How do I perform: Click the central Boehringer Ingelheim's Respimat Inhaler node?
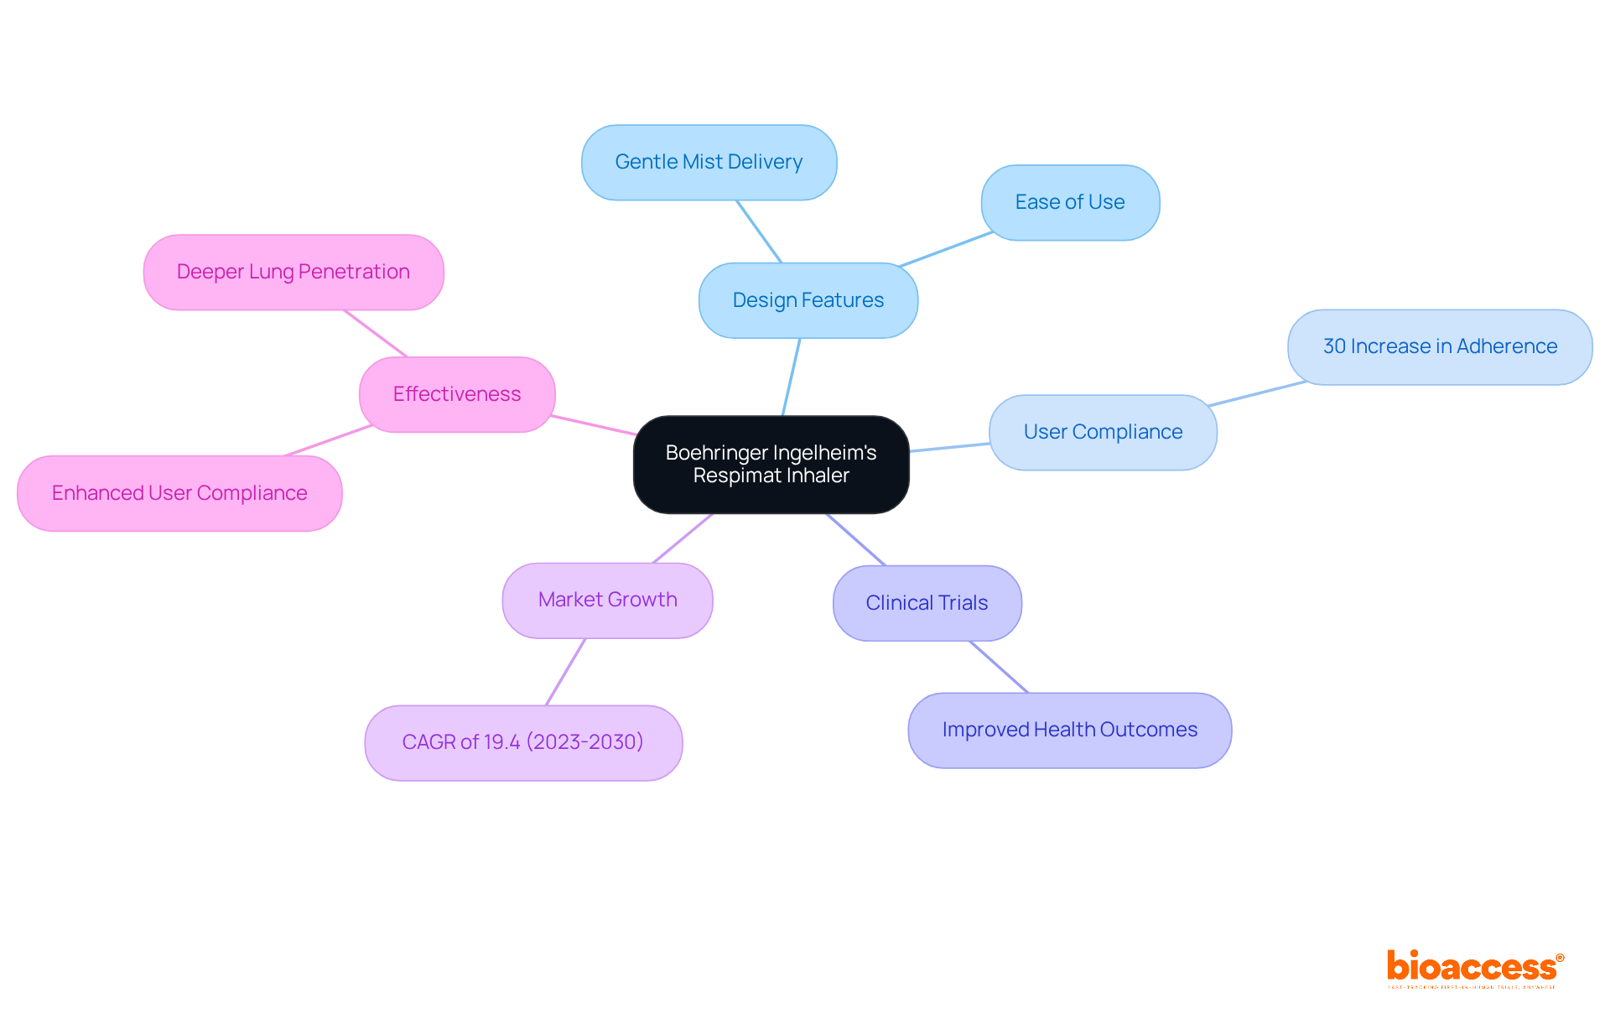[771, 464]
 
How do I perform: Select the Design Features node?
[808, 300]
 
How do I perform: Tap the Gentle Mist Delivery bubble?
[709, 162]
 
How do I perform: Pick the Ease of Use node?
[1070, 202]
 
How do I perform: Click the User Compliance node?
[1103, 432]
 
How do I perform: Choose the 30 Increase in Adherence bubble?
[1440, 346]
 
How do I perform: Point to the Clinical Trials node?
[927, 603]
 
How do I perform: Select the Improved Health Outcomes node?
[1069, 730]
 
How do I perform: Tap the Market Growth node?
[607, 600]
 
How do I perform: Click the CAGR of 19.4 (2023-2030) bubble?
[522, 742]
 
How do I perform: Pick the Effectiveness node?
[457, 394]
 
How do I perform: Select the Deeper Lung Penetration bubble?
[293, 272]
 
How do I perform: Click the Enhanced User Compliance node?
[179, 493]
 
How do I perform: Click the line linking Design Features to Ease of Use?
[946, 249]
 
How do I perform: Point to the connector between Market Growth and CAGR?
[565, 672]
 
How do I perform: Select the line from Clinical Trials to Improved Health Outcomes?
[999, 667]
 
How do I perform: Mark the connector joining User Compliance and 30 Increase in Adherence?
[1256, 393]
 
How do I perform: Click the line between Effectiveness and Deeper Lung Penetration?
[375, 333]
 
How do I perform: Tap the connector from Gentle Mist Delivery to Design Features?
[759, 231]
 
